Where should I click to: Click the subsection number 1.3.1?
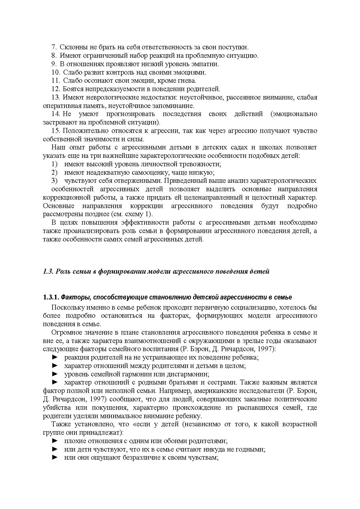pyautogui.click(x=51, y=297)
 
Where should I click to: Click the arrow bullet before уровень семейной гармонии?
pyautogui.click(x=55, y=374)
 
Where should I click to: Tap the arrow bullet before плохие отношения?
pyautogui.click(x=55, y=441)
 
